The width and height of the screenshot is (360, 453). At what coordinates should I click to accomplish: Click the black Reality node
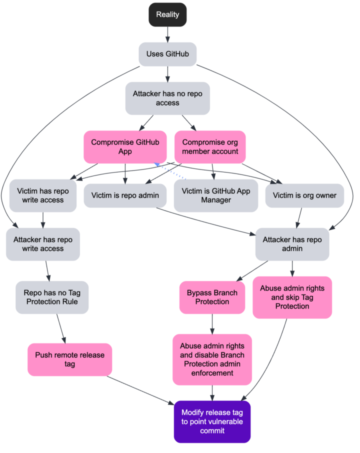coord(167,14)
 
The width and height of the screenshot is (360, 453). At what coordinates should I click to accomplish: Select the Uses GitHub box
coord(167,54)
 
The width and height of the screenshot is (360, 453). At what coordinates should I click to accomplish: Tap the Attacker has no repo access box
coord(167,98)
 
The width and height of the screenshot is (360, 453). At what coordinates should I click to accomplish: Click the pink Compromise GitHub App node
coord(125,147)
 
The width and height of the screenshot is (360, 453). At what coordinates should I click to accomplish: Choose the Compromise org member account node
coord(210,147)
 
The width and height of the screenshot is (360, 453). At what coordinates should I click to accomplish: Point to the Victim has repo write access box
coord(43,195)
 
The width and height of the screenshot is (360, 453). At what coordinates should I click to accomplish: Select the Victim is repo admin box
coord(125,195)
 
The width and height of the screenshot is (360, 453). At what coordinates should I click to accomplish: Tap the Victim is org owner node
coord(304,195)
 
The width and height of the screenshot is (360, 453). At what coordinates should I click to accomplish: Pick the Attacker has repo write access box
coord(43,244)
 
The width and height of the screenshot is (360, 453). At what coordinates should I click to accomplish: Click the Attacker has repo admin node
coord(292,244)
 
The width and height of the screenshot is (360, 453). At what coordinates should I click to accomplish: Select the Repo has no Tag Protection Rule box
coord(52,297)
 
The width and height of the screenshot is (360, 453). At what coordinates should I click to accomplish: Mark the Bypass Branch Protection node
coord(212,297)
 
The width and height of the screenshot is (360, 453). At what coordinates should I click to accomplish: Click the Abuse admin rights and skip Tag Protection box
coord(292,297)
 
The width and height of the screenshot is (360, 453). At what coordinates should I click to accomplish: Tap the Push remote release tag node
coord(70,359)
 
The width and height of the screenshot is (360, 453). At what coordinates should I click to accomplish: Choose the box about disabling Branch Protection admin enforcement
coord(212,359)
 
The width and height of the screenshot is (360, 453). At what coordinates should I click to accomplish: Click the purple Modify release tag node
coord(212,421)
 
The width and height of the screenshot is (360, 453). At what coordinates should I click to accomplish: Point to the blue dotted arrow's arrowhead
coord(157,164)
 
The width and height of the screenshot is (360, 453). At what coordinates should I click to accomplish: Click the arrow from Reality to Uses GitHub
coord(167,34)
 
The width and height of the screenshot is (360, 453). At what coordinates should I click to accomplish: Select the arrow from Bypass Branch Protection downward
coord(212,323)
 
